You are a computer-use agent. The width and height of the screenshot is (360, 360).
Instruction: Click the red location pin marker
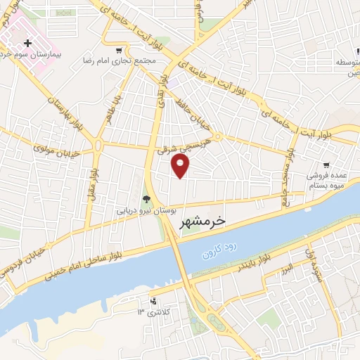click(181, 166)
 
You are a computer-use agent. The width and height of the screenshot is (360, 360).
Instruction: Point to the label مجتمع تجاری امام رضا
click(117, 61)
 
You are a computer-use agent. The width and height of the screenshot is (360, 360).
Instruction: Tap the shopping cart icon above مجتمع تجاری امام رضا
click(120, 50)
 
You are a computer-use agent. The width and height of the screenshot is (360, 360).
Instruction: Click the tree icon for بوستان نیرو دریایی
click(146, 199)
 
